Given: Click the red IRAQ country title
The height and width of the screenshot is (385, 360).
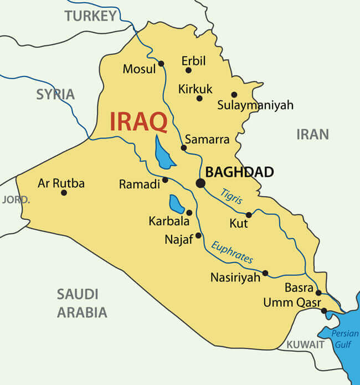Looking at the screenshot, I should (x=138, y=121).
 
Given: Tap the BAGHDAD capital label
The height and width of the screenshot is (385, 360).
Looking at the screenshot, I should (x=239, y=172).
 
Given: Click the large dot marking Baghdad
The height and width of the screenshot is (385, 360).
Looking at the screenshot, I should (x=200, y=183).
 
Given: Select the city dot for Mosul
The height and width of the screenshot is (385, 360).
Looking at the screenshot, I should (x=161, y=63).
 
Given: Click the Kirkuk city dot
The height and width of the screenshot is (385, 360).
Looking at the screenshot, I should (x=199, y=98).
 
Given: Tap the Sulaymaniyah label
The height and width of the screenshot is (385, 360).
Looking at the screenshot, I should (x=255, y=105).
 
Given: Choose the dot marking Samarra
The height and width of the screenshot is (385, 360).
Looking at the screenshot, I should (x=184, y=147).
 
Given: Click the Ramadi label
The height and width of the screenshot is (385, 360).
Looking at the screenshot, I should (x=139, y=184).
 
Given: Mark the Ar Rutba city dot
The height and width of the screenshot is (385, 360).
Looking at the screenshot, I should (x=64, y=193).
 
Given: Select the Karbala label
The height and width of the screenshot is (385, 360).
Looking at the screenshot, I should (x=169, y=221).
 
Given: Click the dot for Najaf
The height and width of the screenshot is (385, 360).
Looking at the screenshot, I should (x=198, y=235).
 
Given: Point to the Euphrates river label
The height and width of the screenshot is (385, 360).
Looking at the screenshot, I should (x=233, y=251).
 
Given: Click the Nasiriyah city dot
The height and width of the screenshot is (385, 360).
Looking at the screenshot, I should (x=265, y=273).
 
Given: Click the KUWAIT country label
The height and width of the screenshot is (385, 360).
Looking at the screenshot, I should (x=305, y=344).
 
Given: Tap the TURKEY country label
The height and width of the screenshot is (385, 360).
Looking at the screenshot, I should (x=91, y=16).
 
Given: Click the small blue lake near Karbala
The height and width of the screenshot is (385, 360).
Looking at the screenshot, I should (x=176, y=204).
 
